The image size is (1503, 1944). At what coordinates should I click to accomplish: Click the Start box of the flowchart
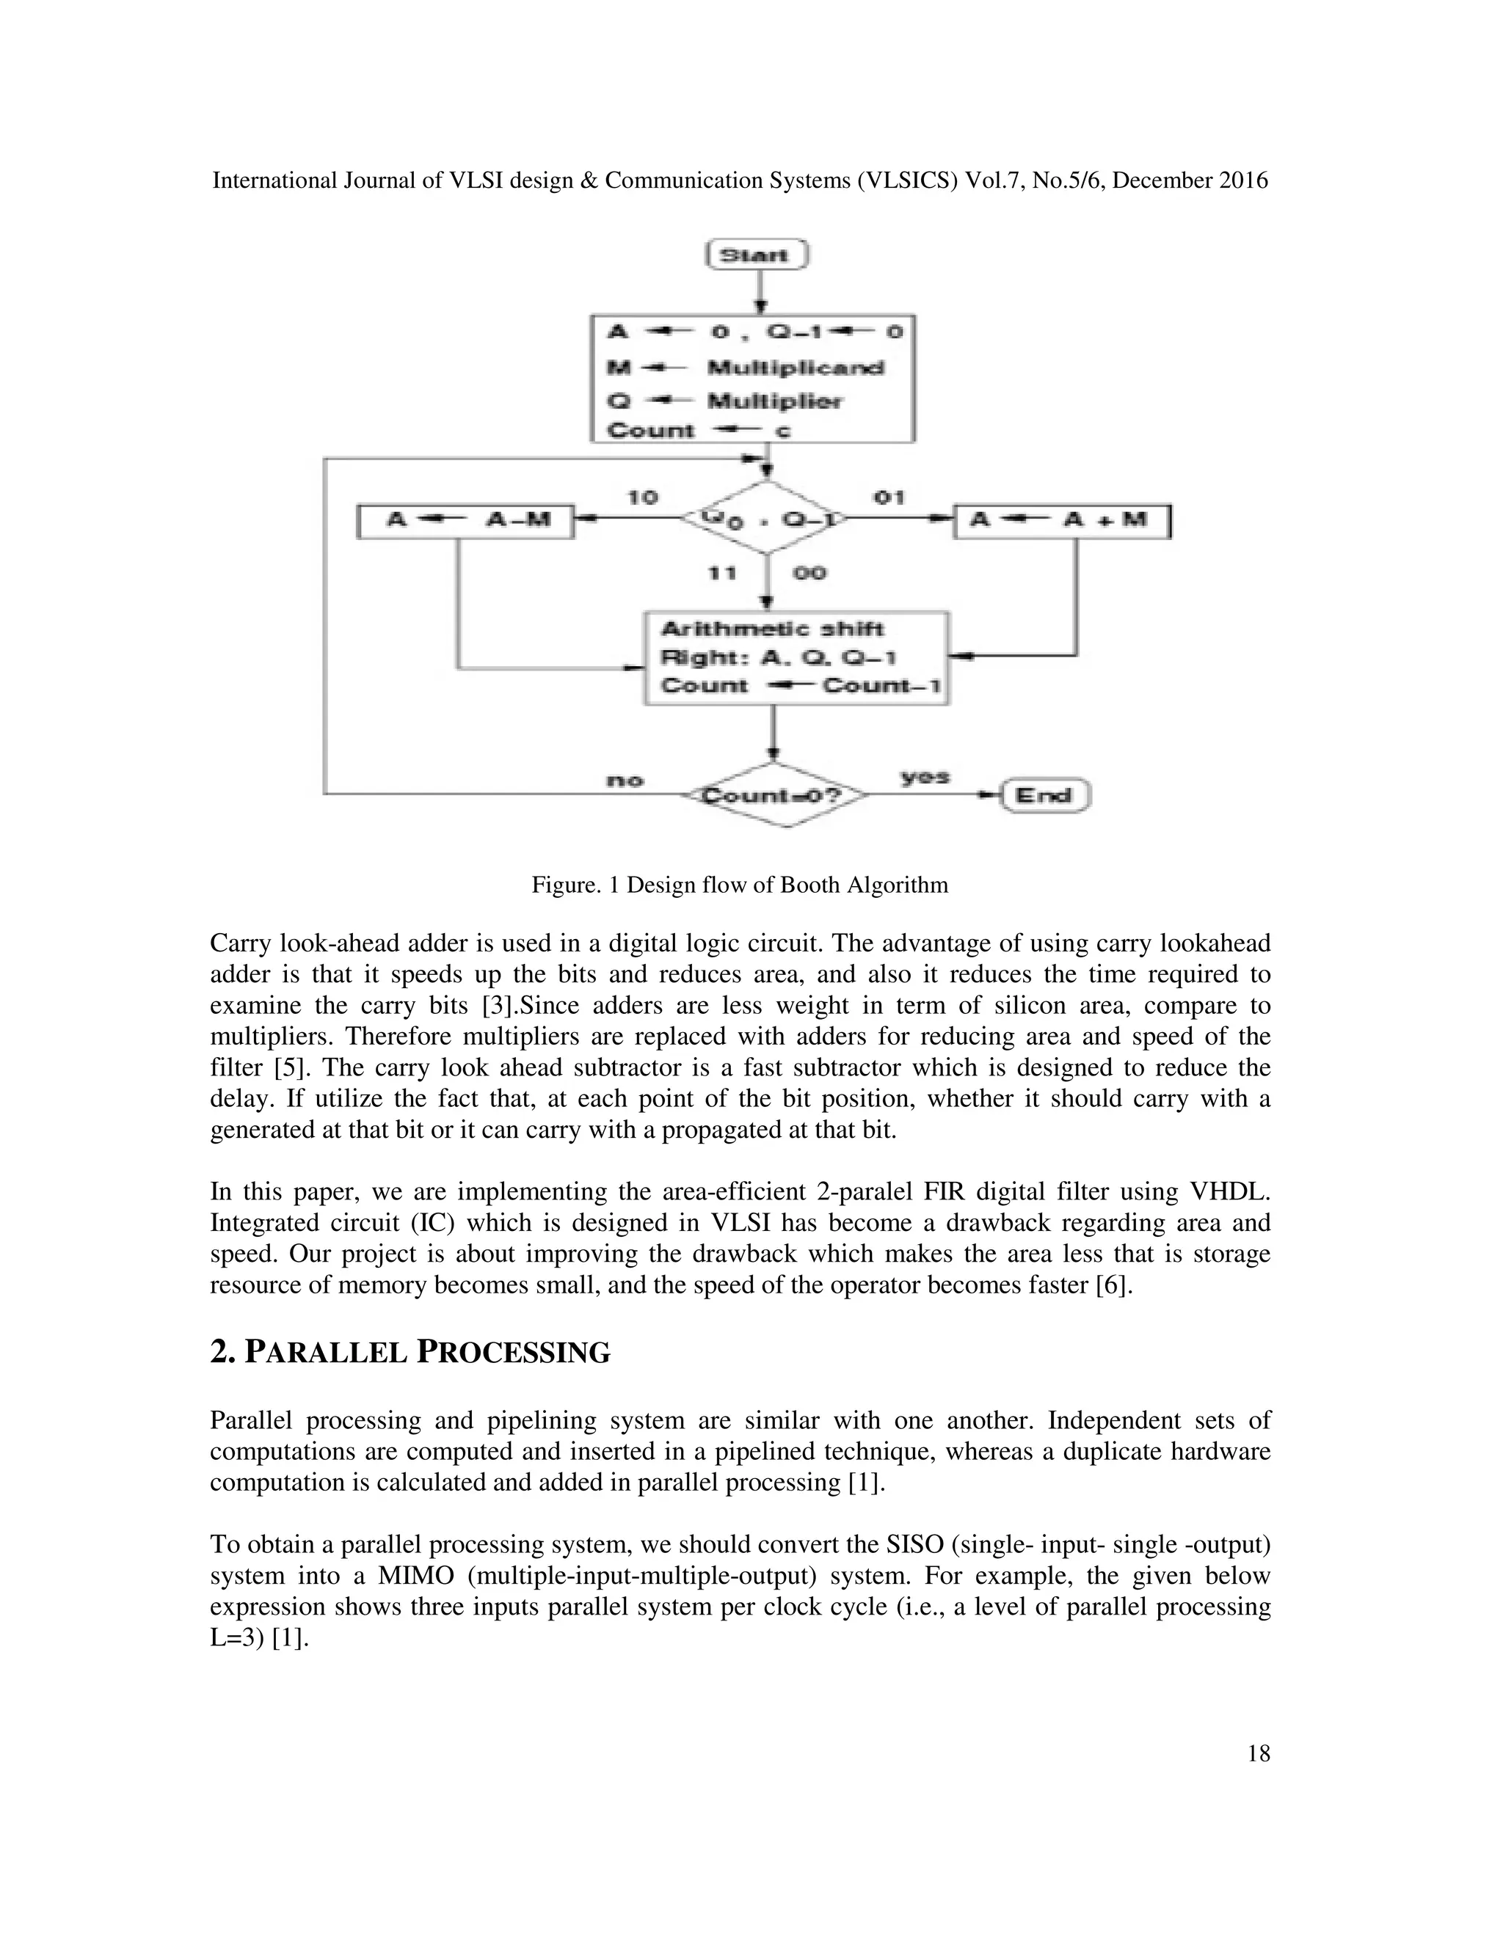point(756,255)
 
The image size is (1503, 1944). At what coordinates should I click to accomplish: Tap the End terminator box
point(1044,795)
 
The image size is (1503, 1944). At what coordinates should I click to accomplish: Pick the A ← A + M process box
point(1062,521)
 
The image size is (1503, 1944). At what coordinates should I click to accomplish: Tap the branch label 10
point(642,497)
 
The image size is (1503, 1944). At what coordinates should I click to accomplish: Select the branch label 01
point(888,497)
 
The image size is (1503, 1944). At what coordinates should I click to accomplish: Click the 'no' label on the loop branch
point(625,781)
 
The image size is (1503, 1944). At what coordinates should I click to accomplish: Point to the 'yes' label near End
point(924,776)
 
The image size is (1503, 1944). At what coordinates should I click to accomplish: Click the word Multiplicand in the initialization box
point(795,368)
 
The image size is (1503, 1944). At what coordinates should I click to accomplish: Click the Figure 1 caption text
point(740,885)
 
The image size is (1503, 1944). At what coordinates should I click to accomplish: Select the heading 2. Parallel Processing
point(410,1352)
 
